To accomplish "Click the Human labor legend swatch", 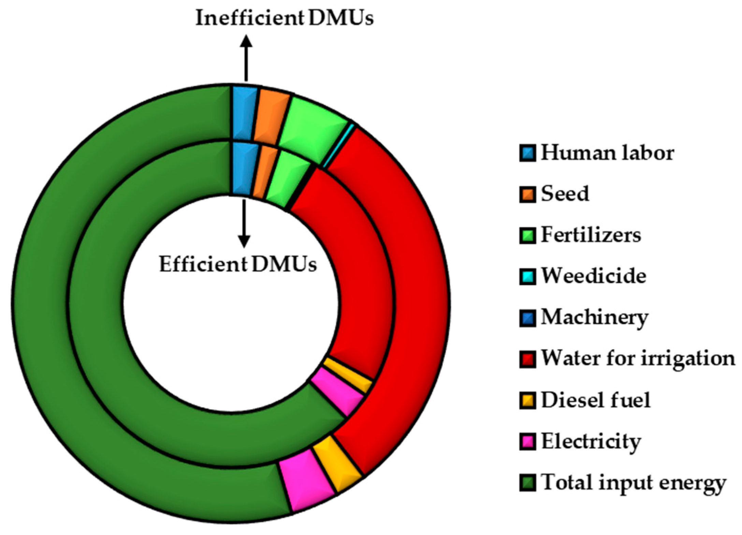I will (527, 153).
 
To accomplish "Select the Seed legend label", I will (565, 194).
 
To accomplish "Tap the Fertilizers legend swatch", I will (527, 235).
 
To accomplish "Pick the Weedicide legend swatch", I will (527, 276).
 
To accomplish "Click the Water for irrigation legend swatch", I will (527, 359).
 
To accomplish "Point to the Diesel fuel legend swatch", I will (527, 400).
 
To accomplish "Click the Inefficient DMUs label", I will (284, 18).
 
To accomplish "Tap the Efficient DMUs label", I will (238, 264).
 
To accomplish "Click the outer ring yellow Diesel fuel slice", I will (337, 464).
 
